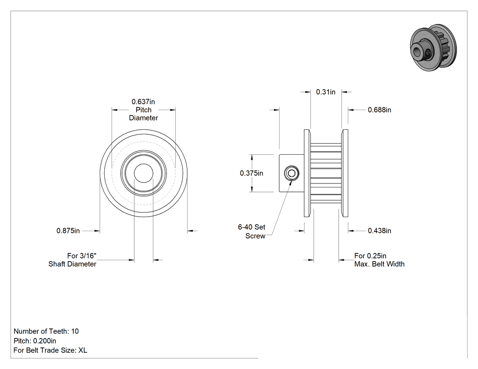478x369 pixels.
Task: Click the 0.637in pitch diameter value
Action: pyautogui.click(x=143, y=101)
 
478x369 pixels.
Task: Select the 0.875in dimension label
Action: pyautogui.click(x=68, y=231)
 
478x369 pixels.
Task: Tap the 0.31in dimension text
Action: pyautogui.click(x=325, y=92)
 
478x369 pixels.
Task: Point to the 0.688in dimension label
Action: pyautogui.click(x=379, y=110)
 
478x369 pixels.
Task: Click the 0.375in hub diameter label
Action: pyautogui.click(x=251, y=173)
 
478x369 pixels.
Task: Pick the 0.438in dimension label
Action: pyautogui.click(x=379, y=231)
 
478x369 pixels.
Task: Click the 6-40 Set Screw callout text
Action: pyautogui.click(x=251, y=231)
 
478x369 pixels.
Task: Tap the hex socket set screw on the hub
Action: pyautogui.click(x=291, y=173)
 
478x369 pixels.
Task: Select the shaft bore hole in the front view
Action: pyautogui.click(x=143, y=173)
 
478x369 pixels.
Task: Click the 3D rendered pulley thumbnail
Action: pyautogui.click(x=433, y=47)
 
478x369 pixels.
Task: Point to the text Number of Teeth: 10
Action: pyautogui.click(x=46, y=331)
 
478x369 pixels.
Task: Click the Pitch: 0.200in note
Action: pyautogui.click(x=35, y=341)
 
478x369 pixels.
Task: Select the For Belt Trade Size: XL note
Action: pyautogui.click(x=50, y=350)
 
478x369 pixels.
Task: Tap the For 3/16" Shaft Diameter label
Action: pyautogui.click(x=72, y=260)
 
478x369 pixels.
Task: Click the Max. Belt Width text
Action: pyautogui.click(x=379, y=264)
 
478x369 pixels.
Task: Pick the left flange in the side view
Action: pyautogui.click(x=307, y=173)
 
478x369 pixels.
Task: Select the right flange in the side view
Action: pyautogui.click(x=345, y=173)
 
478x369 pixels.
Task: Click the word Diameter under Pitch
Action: pyautogui.click(x=143, y=118)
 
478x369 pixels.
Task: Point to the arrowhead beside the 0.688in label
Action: pyautogui.click(x=351, y=110)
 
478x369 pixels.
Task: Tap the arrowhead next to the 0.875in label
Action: pyautogui.click(x=97, y=231)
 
